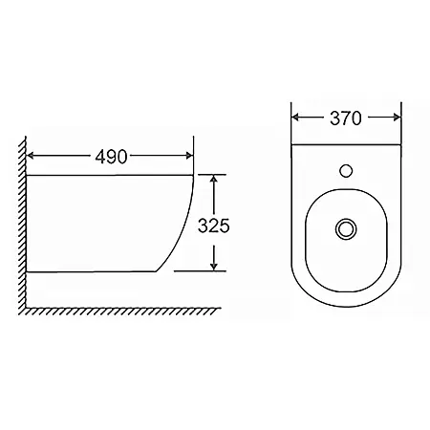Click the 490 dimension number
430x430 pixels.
(x=111, y=157)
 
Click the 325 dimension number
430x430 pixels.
(x=214, y=226)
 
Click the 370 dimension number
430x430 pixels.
(x=346, y=118)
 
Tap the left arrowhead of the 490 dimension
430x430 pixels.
(x=30, y=156)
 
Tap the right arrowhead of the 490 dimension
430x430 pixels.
(x=189, y=156)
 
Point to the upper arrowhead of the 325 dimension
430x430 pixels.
(x=214, y=179)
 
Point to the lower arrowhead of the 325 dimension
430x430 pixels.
(x=214, y=267)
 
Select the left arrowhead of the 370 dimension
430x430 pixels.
(x=295, y=118)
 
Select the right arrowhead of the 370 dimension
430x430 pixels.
(x=398, y=118)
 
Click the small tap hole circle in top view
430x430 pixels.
(x=346, y=170)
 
